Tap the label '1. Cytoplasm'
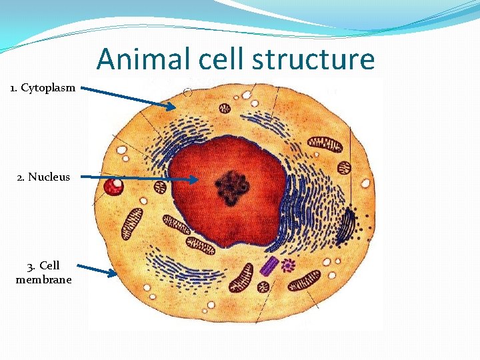coord(43,88)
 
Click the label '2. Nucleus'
coord(43,177)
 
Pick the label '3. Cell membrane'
coord(43,273)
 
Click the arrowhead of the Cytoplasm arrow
coord(173,106)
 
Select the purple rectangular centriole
coord(269,266)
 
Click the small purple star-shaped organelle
coord(288,265)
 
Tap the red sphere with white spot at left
coord(114,185)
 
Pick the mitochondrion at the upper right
coord(325,143)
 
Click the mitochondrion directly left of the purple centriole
coord(241,277)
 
